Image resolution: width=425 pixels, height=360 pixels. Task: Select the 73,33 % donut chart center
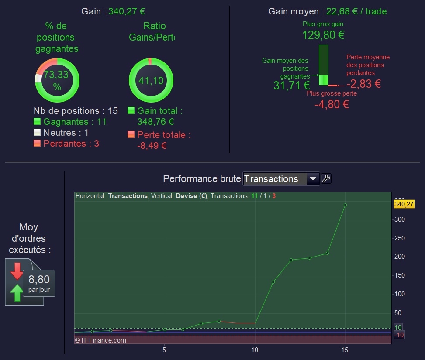pyautogui.click(x=57, y=80)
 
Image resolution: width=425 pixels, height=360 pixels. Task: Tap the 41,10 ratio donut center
pyautogui.click(x=151, y=80)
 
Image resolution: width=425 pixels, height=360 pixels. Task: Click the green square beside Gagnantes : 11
pyautogui.click(x=37, y=121)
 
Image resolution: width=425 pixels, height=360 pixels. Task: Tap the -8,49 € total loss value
pyautogui.click(x=152, y=146)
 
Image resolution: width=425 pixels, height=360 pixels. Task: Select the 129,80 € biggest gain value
pyautogui.click(x=323, y=35)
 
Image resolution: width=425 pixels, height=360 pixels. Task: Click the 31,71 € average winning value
pyautogui.click(x=292, y=86)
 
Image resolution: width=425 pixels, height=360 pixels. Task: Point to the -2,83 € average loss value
pyautogui.click(x=364, y=84)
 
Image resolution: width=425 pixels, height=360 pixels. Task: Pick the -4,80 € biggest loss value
pyautogui.click(x=332, y=104)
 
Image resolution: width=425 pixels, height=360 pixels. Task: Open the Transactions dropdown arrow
pyautogui.click(x=313, y=179)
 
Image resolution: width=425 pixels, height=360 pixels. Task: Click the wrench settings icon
pyautogui.click(x=326, y=178)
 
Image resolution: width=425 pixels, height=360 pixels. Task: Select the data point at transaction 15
pyautogui.click(x=345, y=205)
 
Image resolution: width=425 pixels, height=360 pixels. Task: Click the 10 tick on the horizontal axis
pyautogui.click(x=255, y=350)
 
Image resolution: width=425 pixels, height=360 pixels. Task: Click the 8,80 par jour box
pyautogui.click(x=39, y=283)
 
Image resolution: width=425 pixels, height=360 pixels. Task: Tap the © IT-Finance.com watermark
pyautogui.click(x=100, y=340)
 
